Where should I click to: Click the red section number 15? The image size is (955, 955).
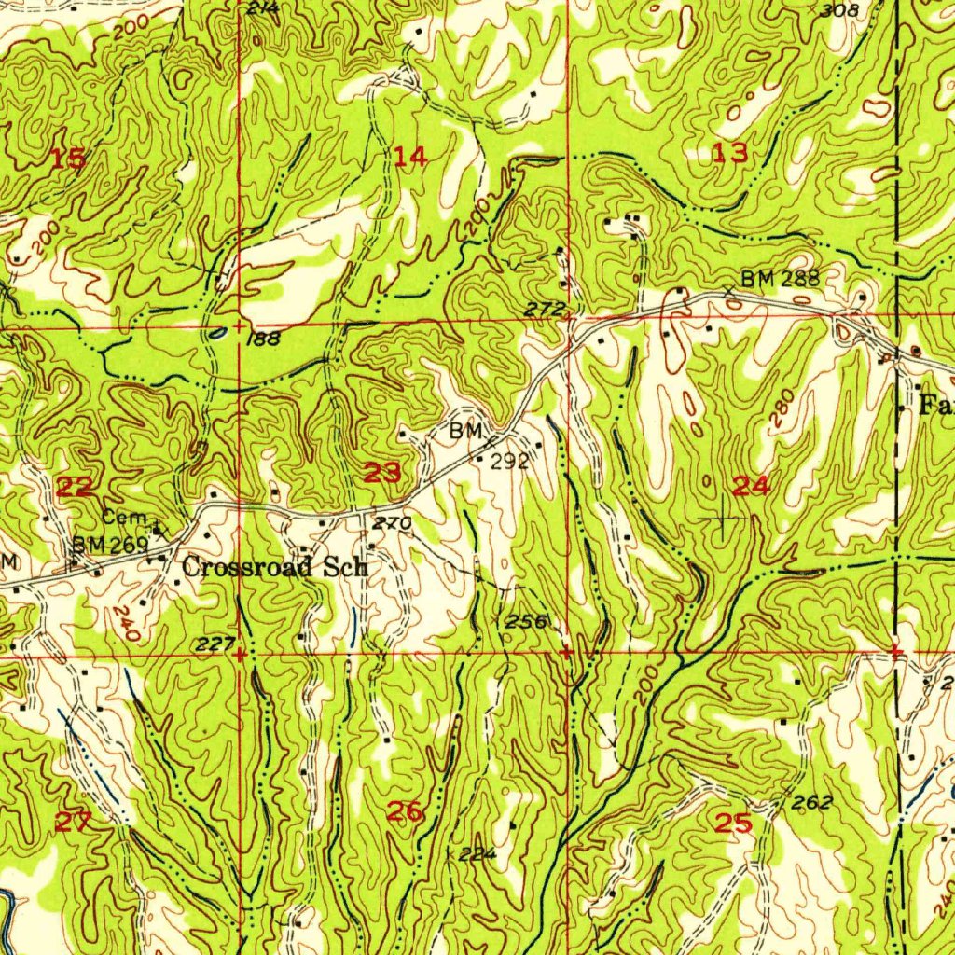[68, 159]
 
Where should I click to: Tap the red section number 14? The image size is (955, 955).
[410, 157]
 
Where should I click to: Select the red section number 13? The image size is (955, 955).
[731, 154]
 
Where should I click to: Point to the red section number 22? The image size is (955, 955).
[76, 486]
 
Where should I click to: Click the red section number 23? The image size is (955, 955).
[383, 473]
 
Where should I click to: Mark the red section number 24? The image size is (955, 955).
[751, 485]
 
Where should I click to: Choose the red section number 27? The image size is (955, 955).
[74, 822]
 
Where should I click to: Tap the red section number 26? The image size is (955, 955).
[406, 811]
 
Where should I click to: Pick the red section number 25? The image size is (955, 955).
[733, 823]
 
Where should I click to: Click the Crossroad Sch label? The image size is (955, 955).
[275, 567]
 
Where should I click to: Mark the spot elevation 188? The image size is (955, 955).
[264, 339]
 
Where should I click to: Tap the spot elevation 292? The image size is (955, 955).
[512, 461]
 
